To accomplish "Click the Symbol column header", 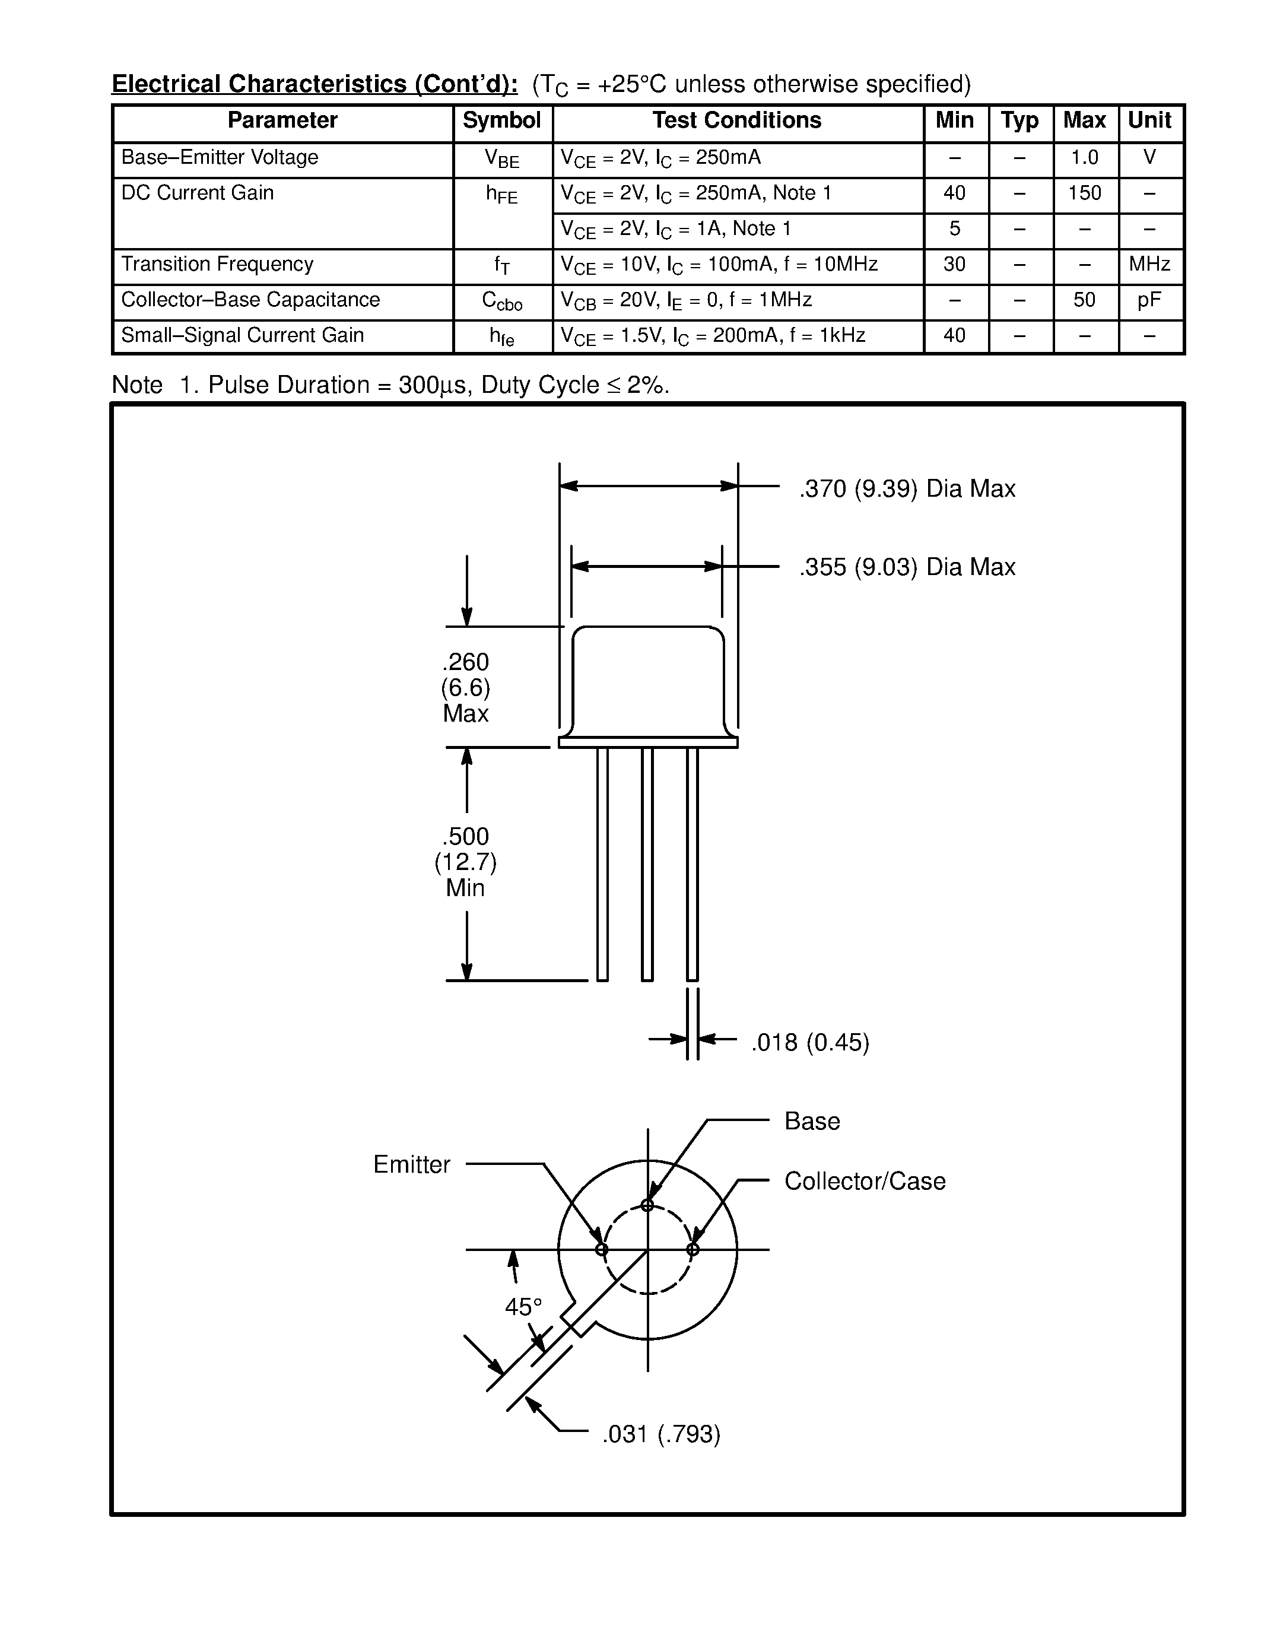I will point(501,120).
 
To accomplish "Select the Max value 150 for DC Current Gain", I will point(1084,193).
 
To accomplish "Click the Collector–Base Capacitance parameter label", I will point(250,300).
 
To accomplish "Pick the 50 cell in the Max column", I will point(1084,300).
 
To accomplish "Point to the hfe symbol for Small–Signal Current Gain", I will point(501,337).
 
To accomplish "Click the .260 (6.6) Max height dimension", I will point(465,687).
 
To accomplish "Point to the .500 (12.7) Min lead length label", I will point(465,862).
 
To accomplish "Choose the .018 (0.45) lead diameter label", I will point(810,1043).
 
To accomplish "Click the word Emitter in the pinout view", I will point(412,1164).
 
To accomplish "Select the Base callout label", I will point(812,1121).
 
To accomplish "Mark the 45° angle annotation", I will point(523,1306).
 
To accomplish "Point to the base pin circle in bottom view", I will point(647,1205).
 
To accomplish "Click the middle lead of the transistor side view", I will point(647,863).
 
